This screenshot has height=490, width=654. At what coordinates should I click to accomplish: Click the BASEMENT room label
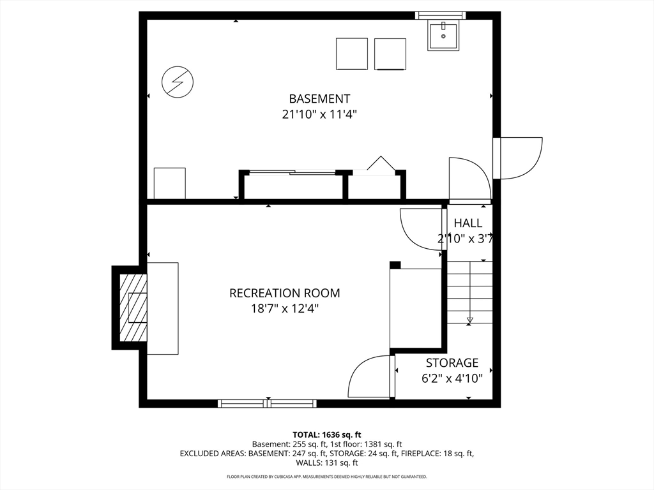point(319,99)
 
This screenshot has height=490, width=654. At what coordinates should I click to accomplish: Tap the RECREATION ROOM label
point(284,293)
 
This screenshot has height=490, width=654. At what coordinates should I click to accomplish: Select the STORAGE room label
point(452,363)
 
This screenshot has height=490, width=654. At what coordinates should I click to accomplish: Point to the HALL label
point(468,223)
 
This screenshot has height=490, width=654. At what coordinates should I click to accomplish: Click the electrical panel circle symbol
point(178,82)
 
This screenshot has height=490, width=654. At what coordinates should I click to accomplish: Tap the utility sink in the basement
point(443,36)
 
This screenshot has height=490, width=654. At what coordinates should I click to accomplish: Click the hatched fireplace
point(133,307)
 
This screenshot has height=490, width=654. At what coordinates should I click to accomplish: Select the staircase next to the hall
point(470,292)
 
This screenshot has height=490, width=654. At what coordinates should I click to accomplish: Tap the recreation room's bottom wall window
point(267,403)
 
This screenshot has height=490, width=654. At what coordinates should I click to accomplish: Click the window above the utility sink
point(441,15)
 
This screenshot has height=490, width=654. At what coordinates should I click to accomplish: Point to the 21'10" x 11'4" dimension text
point(319,114)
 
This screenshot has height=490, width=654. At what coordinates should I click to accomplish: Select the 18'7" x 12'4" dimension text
point(284,309)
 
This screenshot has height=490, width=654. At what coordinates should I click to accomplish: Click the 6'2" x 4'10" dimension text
point(452,378)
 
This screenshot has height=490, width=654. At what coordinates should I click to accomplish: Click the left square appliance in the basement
point(352,54)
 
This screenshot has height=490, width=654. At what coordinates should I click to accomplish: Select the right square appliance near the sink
point(390,54)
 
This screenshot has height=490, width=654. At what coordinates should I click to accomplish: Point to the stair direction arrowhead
point(470,320)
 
